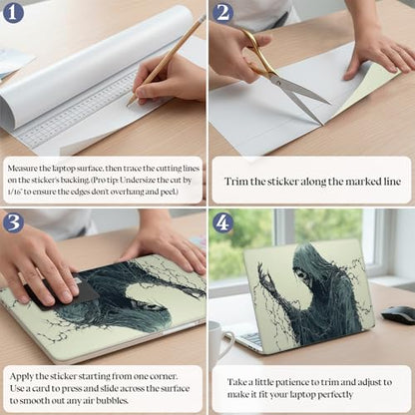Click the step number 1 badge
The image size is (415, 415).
(x=13, y=13)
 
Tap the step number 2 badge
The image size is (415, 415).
(x=223, y=13)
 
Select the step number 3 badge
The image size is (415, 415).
(x=13, y=221)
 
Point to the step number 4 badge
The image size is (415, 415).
(x=223, y=221)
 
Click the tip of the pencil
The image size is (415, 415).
(x=128, y=106)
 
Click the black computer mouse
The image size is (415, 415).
(x=398, y=315)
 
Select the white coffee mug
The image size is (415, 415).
(x=218, y=342)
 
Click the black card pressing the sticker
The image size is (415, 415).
(x=67, y=292)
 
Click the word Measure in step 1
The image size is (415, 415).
(x=22, y=169)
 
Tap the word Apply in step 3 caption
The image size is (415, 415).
(x=22, y=377)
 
